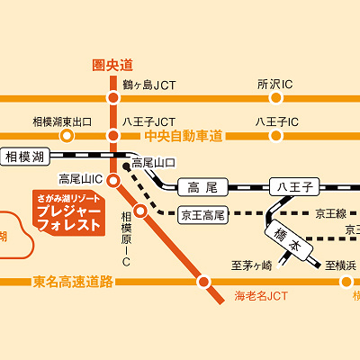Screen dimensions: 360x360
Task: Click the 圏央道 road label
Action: (x=112, y=65)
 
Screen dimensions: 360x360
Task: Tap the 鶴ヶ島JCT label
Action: (x=149, y=85)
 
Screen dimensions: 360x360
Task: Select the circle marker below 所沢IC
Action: (x=274, y=99)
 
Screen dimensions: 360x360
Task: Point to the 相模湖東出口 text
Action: (x=63, y=121)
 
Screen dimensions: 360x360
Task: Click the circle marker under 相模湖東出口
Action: (x=66, y=136)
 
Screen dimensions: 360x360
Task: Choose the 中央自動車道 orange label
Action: (x=184, y=136)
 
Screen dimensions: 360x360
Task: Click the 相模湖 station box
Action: (x=24, y=158)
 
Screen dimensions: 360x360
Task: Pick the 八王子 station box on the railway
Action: (x=293, y=187)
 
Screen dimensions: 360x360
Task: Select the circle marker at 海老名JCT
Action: (x=204, y=282)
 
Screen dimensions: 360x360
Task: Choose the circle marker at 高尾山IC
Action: (x=113, y=181)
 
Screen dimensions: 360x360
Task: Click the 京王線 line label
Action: (x=330, y=214)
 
